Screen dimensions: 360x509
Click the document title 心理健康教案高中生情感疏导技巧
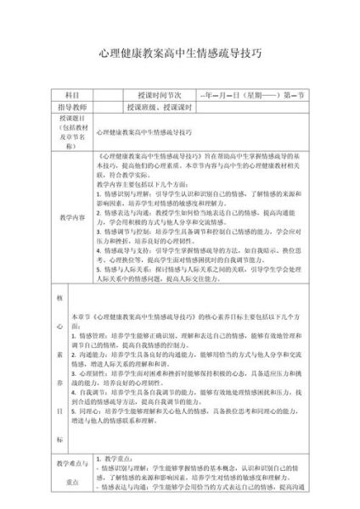180,52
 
